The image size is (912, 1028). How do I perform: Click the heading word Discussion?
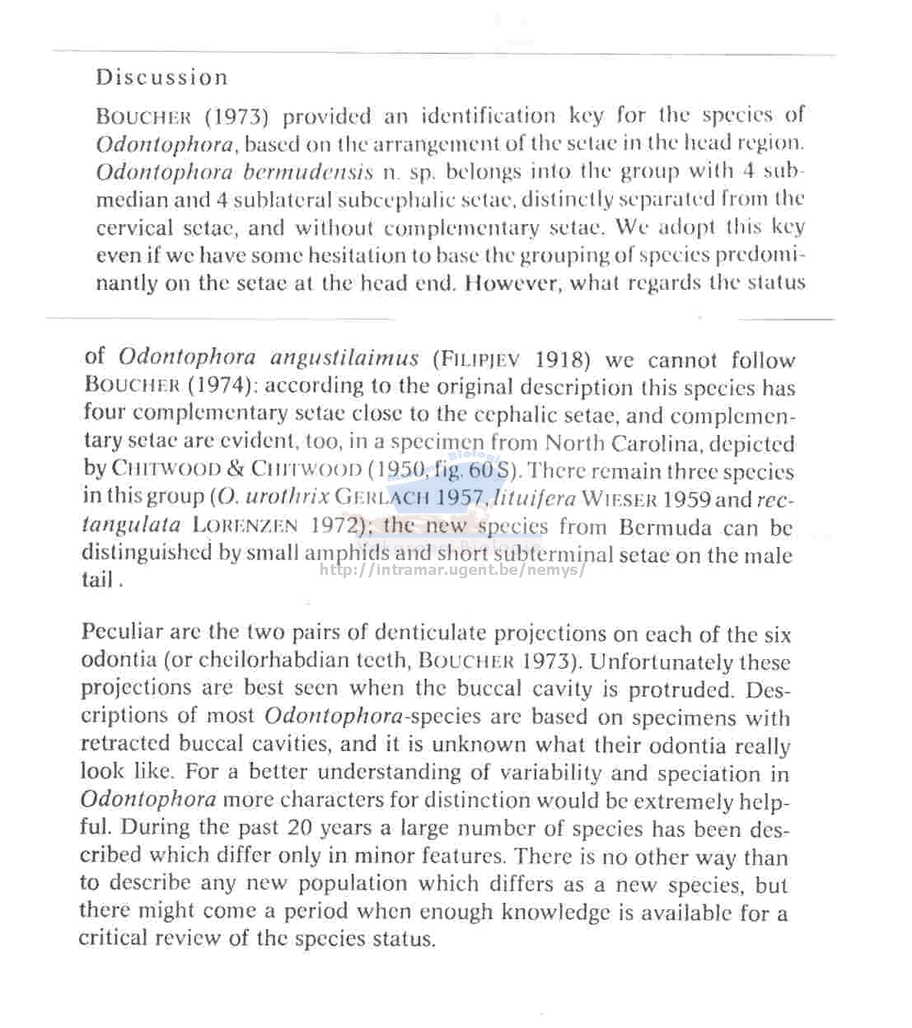pos(161,78)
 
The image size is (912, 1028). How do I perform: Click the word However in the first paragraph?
pos(512,283)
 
